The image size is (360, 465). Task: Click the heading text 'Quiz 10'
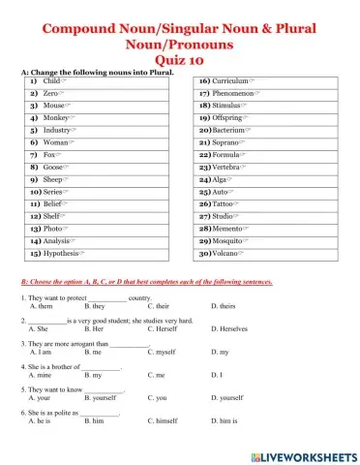(x=179, y=57)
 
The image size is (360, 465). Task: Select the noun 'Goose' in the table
(x=57, y=167)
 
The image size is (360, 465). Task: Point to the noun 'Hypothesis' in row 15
(x=63, y=252)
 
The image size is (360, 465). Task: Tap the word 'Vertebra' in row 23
(x=228, y=167)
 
